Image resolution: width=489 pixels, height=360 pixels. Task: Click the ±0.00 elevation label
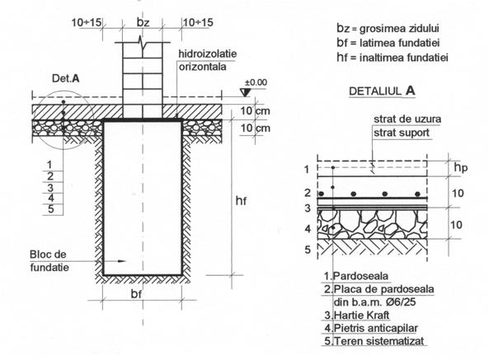[256, 82]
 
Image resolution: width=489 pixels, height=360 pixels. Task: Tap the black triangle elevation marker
[245, 92]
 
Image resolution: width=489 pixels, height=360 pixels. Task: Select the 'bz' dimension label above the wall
[143, 22]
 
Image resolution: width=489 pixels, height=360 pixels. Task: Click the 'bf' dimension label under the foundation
[136, 294]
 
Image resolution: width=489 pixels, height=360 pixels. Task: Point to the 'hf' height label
[241, 201]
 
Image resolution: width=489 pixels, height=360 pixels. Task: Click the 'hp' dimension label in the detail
[461, 168]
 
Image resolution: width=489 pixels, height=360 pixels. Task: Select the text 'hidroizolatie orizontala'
[207, 60]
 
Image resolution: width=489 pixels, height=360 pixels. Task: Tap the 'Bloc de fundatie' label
[49, 260]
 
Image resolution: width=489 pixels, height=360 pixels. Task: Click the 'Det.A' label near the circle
[65, 78]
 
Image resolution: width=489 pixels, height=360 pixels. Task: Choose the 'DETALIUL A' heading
[382, 91]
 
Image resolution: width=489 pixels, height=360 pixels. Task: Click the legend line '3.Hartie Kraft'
[357, 316]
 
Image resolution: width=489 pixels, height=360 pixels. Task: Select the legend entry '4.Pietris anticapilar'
[371, 328]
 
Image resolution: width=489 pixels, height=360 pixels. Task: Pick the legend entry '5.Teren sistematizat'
[374, 341]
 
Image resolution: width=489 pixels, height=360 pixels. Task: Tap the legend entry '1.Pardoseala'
[356, 276]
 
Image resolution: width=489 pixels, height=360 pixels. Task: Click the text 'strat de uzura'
[407, 119]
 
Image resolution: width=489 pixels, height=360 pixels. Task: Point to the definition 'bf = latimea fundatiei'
[388, 43]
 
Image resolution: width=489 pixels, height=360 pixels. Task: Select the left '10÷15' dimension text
[87, 22]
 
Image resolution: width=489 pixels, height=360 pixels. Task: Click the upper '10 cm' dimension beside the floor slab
[255, 111]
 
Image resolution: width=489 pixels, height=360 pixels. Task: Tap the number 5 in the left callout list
[51, 209]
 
